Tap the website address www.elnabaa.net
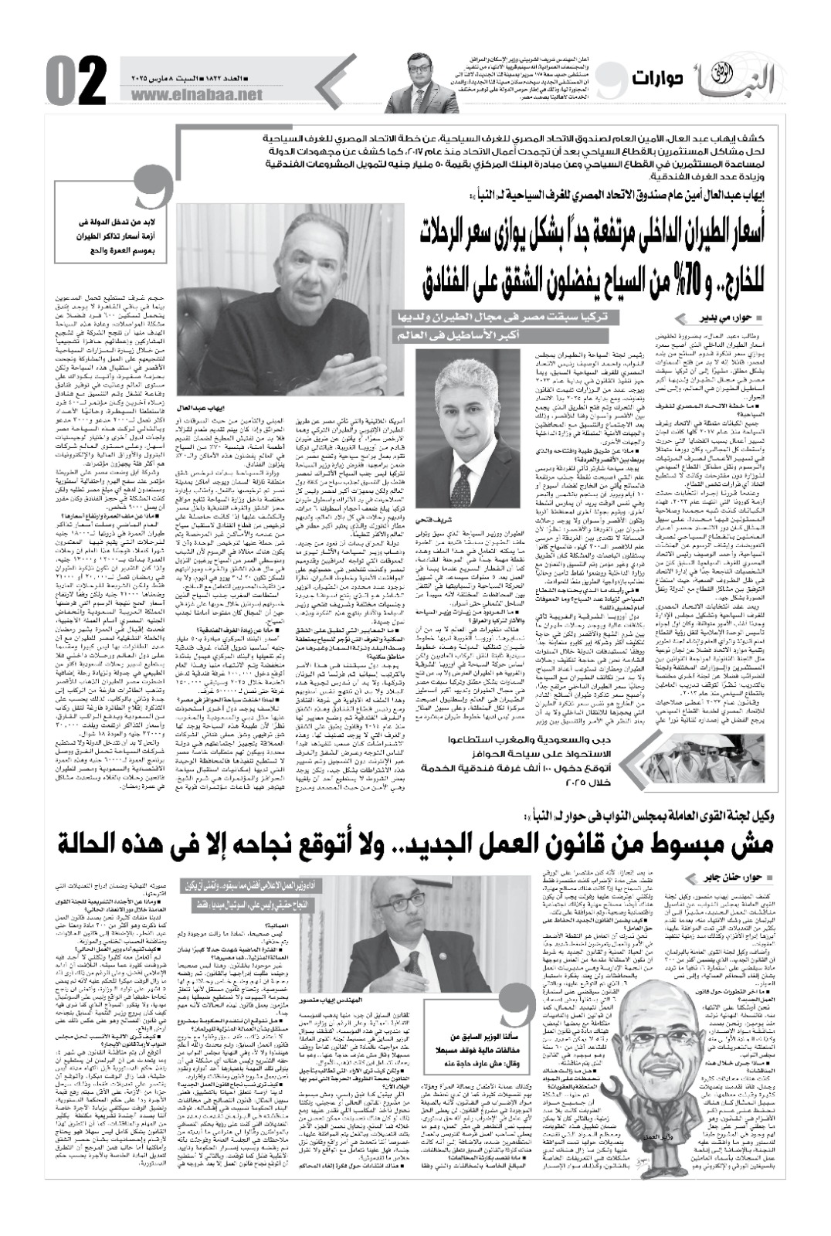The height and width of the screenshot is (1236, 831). click(x=198, y=94)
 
